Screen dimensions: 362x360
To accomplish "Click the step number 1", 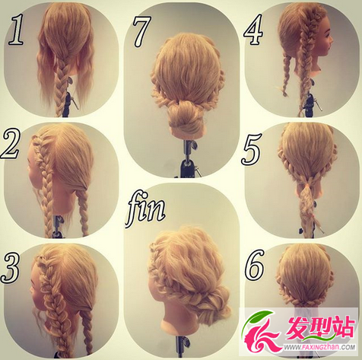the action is point(16,30).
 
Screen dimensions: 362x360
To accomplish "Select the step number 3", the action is point(10,268).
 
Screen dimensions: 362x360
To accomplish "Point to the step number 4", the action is point(253,30).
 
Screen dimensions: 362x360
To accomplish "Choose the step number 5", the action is point(251,149).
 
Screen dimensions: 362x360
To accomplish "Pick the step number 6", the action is point(254,265).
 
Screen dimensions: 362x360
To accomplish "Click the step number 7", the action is point(142,32).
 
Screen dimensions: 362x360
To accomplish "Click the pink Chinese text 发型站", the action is point(320,328).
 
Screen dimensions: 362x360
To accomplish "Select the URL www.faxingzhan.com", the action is point(319,347).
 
